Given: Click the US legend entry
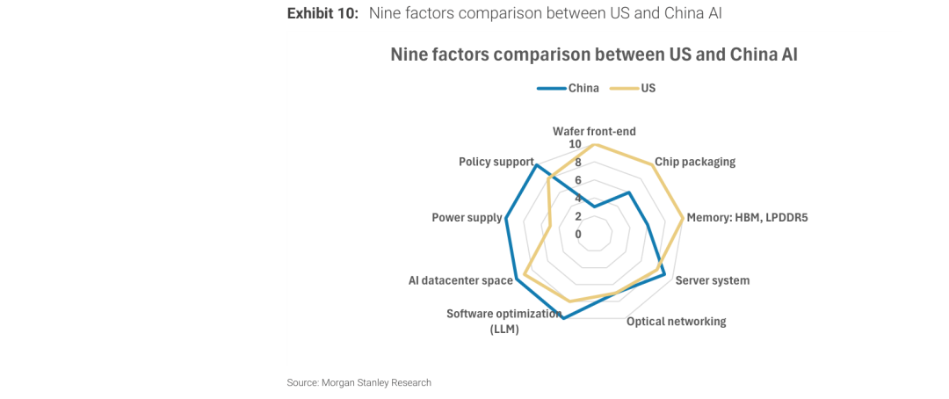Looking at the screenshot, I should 648,88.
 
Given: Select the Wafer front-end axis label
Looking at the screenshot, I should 594,131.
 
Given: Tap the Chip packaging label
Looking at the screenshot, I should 695,162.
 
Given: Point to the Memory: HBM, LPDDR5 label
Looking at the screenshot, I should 747,217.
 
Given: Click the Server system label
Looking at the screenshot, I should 713,280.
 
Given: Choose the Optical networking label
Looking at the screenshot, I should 676,322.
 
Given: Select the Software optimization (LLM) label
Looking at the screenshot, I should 504,321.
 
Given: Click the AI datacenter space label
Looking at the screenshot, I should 460,280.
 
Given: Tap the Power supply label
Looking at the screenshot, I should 467,217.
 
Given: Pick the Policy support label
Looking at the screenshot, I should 496,162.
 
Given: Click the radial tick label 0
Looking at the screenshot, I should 578,234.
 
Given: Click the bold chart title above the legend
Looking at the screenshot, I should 594,54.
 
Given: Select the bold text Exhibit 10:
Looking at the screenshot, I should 322,13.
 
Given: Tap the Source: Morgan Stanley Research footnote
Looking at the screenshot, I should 359,382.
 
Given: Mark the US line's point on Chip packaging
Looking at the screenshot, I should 653,164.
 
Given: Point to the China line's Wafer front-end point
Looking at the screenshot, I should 594,207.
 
